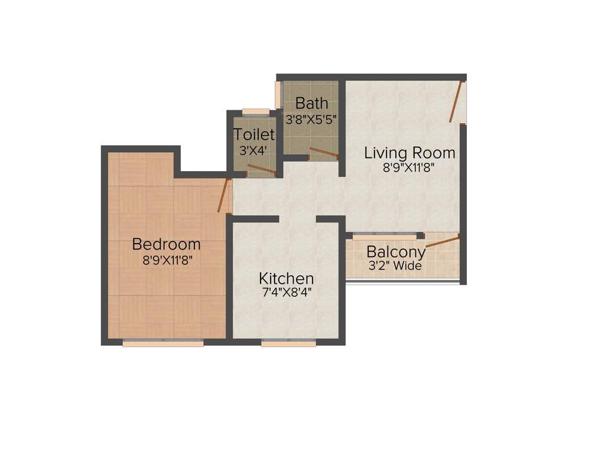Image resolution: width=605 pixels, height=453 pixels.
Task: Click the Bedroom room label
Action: (x=166, y=244)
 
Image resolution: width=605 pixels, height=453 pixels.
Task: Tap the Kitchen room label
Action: (x=287, y=278)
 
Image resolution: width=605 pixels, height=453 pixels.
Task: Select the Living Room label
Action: (x=409, y=153)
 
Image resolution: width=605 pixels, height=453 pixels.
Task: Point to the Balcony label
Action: (x=396, y=252)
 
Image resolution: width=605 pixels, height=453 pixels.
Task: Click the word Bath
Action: (x=311, y=103)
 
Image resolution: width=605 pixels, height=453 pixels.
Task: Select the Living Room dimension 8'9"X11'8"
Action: (x=409, y=167)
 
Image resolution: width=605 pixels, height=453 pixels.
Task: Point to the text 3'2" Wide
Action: (x=395, y=266)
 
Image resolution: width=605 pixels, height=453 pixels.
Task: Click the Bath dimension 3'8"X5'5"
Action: (x=311, y=118)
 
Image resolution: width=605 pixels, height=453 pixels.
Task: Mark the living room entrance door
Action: (x=456, y=101)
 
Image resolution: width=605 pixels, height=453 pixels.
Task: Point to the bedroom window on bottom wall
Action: (x=163, y=343)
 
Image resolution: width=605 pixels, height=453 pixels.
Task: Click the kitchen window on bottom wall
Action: (x=288, y=343)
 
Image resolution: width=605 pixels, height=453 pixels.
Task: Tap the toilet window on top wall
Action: (x=255, y=111)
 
